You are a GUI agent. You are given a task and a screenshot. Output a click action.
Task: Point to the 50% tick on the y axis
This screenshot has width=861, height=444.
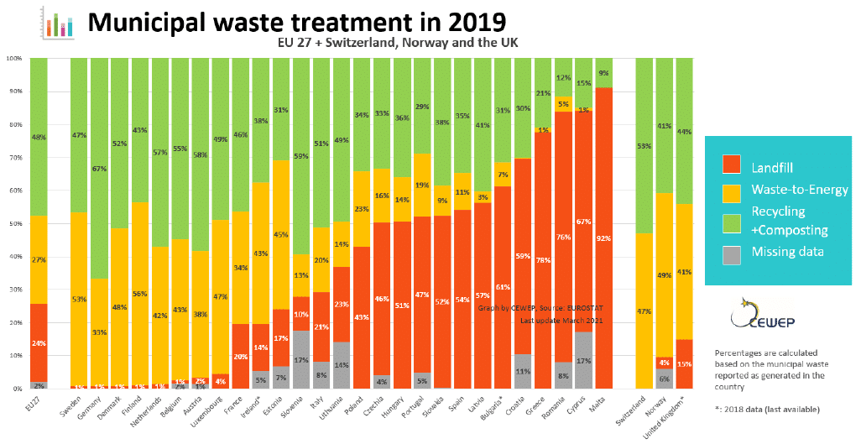pos(13,224)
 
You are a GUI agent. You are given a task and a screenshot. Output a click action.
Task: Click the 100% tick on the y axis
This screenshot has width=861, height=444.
pos(13,59)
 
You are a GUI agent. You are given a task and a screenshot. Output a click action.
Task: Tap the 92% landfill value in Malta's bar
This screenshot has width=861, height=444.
pos(603,239)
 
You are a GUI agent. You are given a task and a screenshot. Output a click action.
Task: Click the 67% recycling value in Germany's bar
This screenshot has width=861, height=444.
pos(100,169)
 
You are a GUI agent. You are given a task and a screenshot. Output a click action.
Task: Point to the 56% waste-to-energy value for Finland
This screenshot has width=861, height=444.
pos(140,295)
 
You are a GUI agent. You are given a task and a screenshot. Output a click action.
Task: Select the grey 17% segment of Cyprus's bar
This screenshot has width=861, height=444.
pos(583,361)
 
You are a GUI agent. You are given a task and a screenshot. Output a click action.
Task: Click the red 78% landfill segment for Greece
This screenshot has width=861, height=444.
pos(543,260)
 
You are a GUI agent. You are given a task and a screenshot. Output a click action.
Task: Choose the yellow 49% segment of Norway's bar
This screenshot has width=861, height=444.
pos(664,275)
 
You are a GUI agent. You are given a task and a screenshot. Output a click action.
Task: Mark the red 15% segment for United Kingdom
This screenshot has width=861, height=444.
pos(684,364)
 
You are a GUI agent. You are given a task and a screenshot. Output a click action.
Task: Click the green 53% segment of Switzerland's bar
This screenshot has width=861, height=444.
pos(644,146)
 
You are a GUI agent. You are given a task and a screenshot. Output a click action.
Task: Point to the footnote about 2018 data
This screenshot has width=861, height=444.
pos(766,409)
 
